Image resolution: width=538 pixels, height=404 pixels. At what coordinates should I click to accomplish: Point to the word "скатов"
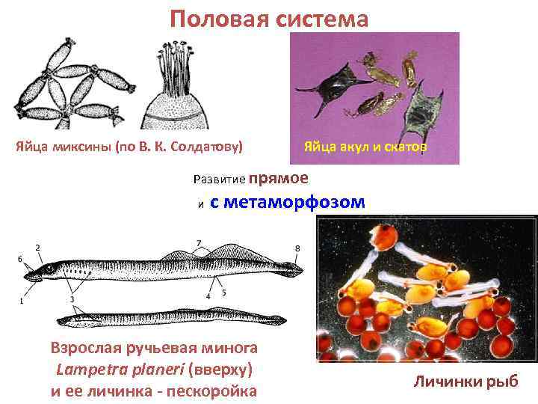coord(403,147)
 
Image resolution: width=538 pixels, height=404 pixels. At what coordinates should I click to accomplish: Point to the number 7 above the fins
coord(199,242)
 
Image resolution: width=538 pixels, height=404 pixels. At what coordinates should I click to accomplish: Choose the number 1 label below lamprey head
coord(22,302)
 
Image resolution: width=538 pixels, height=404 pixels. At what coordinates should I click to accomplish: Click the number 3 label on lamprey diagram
coord(72,299)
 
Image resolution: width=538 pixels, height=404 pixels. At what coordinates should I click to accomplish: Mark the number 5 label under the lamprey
coord(224,293)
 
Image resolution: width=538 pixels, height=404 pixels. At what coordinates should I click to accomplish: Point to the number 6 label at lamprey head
coord(19,257)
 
